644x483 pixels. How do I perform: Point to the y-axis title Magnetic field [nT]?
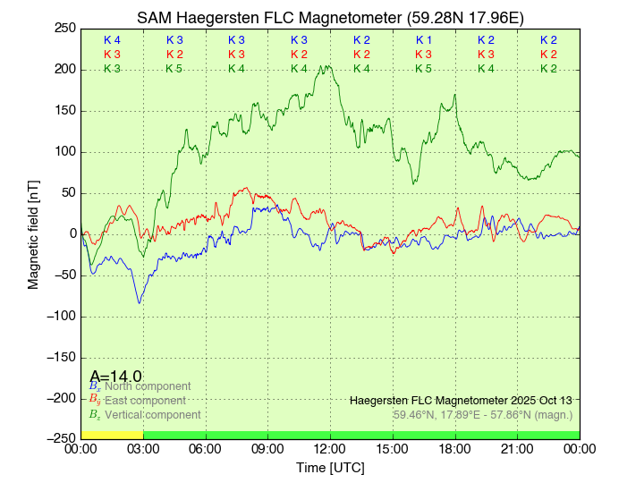coord(34,233)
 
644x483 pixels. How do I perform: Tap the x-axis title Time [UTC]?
coord(330,468)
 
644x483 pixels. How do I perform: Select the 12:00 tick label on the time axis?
coord(330,449)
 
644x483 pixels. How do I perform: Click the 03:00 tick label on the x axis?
coord(143,449)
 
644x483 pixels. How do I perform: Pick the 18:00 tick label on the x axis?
coord(454,449)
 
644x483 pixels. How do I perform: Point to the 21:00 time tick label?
coord(517,449)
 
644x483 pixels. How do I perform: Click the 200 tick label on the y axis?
coord(64,70)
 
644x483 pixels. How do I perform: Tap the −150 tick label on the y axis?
coord(61,357)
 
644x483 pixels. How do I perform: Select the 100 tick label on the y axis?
coord(64,152)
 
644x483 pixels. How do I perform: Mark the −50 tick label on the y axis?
coord(64,275)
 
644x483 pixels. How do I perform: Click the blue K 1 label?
coord(423,40)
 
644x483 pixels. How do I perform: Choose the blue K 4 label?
coord(112,40)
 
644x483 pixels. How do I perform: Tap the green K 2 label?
coord(548,69)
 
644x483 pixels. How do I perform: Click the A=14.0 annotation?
coord(115,377)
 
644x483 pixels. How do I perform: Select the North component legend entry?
coord(144,386)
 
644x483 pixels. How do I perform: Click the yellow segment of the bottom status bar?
coord(112,435)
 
